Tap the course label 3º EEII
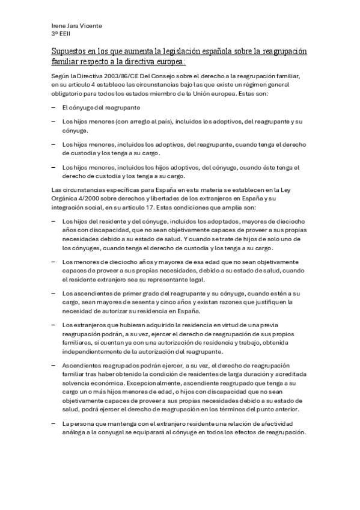point(61,34)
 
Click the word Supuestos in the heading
point(70,52)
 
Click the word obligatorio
point(69,94)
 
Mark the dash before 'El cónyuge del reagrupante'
point(55,107)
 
